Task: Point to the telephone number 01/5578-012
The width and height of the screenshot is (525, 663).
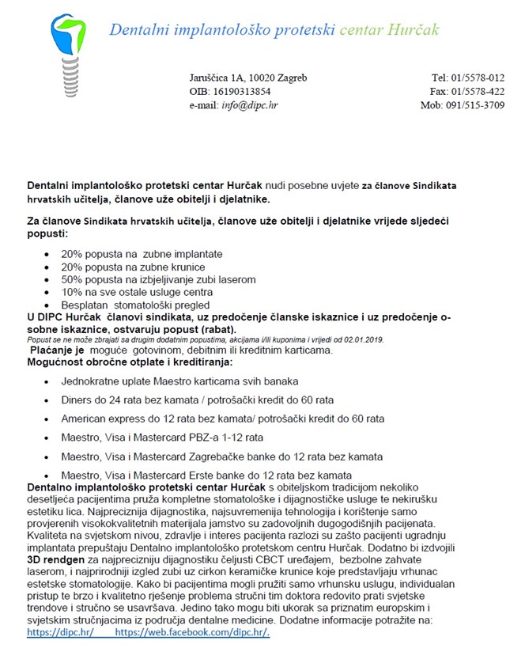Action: point(477,78)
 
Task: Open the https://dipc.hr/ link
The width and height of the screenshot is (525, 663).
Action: point(60,633)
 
